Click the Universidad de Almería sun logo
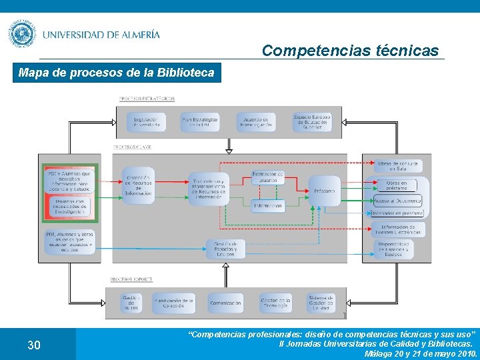tap(22, 34)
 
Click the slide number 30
tap(34, 345)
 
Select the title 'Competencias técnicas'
tap(350, 50)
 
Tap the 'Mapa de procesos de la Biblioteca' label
tap(117, 73)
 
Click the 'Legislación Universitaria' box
tap(146, 122)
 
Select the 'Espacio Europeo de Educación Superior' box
tap(313, 122)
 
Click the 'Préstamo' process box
tap(325, 191)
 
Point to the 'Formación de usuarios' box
tap(267, 178)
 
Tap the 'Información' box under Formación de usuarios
tap(267, 206)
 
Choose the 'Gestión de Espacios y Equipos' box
tap(225, 249)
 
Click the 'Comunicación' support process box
tap(225, 303)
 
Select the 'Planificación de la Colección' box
tap(173, 303)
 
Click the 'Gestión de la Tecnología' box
tap(275, 303)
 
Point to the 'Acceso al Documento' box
tap(397, 200)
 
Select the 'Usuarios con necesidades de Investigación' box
tap(70, 207)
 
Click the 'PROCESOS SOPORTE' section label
tap(132, 279)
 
